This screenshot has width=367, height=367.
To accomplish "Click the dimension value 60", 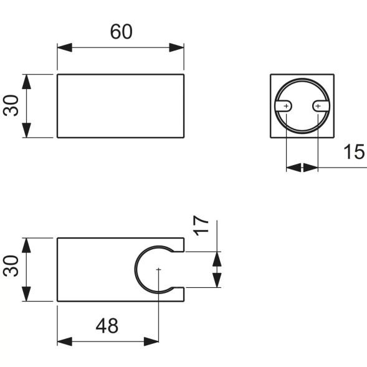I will pos(122,32).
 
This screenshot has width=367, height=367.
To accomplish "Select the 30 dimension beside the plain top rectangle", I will pos(11,105).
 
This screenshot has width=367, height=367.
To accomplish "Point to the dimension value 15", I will pos(353,151).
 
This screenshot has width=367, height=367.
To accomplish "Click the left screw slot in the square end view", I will pos(285,107).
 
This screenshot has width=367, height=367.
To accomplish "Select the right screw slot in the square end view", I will pos(319,107).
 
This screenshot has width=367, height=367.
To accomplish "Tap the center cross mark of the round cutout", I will pos(160,270).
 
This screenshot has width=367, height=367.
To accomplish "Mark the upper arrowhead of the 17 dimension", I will pos(216,258).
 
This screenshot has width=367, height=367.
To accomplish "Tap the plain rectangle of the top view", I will pos(120,106).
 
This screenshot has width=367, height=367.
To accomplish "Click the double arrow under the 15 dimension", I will pos(302,167).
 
